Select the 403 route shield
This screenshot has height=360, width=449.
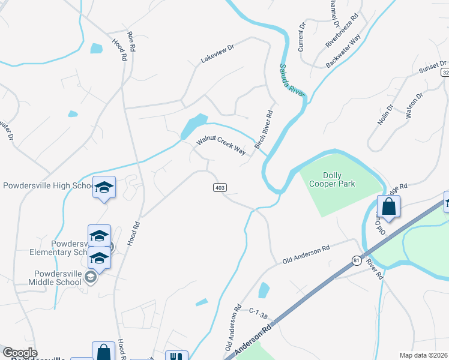pyautogui.click(x=220, y=188)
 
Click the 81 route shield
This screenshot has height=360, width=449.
pyautogui.click(x=357, y=260)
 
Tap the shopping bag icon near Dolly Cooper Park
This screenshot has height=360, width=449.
pyautogui.click(x=389, y=206)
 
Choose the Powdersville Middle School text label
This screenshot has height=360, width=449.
pyautogui.click(x=53, y=278)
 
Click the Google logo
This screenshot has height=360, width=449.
pyautogui.click(x=20, y=353)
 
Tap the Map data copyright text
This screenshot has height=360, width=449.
pyautogui.click(x=424, y=355)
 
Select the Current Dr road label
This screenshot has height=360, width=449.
pyautogui.click(x=301, y=36)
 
